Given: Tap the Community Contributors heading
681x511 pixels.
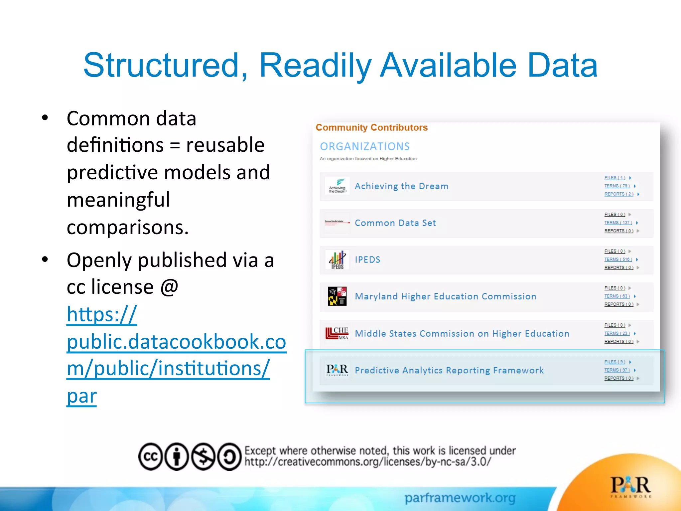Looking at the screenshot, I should point(371,127).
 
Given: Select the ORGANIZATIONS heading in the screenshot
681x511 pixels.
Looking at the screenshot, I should point(365,146).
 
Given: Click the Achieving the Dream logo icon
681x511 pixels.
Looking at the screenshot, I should point(337,186).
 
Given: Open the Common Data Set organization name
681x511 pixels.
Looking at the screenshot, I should point(395,223).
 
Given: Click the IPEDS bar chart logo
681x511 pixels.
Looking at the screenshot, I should point(337,259).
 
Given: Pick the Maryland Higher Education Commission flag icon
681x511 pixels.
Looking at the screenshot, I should point(337,296).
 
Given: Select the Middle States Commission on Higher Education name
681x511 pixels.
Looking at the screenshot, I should point(462,333).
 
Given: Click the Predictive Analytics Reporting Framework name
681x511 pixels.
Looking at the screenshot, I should point(449,370).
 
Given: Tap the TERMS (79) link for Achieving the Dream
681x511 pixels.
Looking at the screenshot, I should point(617,186).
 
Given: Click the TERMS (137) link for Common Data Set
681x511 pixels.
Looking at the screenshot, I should point(618,223).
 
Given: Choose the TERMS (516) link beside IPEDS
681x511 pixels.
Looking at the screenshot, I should point(618,259).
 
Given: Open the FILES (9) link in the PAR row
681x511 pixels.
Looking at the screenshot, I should point(614,362).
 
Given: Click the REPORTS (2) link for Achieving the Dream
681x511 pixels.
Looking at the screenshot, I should point(618,194).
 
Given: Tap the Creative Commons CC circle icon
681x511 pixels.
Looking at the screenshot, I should point(151,456).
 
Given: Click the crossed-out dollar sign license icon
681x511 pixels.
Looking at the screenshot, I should point(203,456).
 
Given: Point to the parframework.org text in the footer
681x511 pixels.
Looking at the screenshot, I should point(460,498).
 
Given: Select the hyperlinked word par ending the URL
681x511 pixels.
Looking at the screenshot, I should point(82,396).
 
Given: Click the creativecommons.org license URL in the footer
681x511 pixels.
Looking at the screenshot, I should point(367,462).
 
